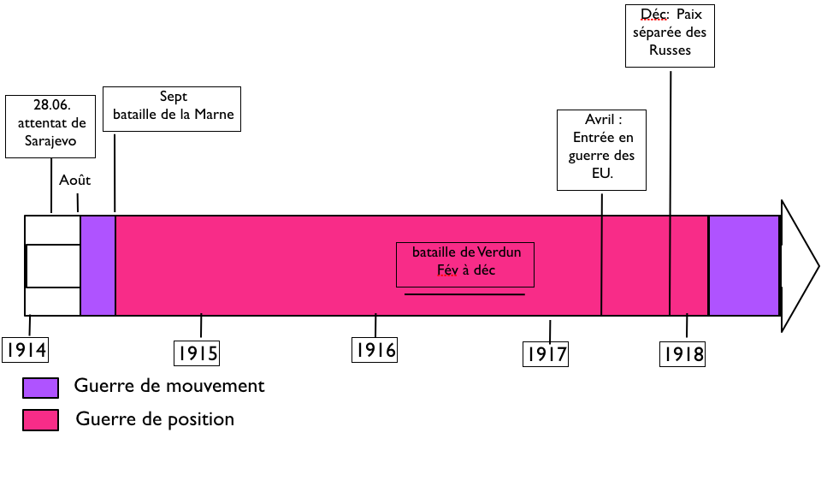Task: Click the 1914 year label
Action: tap(26, 349)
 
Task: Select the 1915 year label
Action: tap(197, 353)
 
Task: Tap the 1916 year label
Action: tap(375, 349)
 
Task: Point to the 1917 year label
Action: tap(546, 353)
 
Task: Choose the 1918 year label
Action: tap(682, 353)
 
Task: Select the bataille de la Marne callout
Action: tap(172, 108)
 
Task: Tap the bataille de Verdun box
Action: tap(465, 264)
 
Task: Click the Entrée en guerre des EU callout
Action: tap(601, 149)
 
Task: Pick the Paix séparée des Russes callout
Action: tap(670, 35)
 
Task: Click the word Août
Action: tap(75, 181)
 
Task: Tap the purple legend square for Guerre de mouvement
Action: tap(40, 388)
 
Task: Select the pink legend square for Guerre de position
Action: tap(40, 420)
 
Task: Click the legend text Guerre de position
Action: tap(155, 419)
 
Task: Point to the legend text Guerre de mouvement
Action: tap(169, 386)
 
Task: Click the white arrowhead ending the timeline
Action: tap(798, 266)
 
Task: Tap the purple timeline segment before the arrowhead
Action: tap(743, 265)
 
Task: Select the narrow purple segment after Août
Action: tap(97, 265)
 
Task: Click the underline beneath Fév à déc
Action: tap(464, 294)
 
